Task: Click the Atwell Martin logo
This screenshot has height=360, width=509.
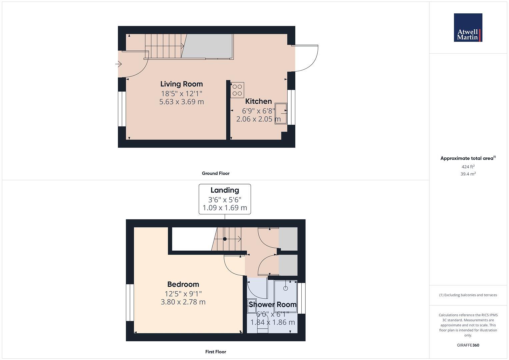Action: click(468, 28)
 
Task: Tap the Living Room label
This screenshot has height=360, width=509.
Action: click(181, 84)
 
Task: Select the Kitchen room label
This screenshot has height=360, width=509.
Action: click(258, 101)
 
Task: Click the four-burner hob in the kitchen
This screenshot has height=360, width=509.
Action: click(237, 90)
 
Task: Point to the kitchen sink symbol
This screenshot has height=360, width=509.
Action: click(281, 114)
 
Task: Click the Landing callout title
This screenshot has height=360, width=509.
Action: click(225, 190)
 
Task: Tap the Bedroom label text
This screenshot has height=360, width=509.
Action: click(183, 284)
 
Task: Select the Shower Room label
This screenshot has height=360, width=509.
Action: click(272, 304)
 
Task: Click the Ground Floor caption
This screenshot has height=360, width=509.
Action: click(215, 173)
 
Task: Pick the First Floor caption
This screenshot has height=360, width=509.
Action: click(215, 352)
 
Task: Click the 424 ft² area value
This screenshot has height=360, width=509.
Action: click(468, 167)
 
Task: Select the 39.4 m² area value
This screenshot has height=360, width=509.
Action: click(468, 174)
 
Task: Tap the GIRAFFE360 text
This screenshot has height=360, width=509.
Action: click(468, 345)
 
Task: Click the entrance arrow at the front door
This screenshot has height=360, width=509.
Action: click(119, 64)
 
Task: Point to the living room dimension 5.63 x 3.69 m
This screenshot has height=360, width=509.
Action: click(181, 102)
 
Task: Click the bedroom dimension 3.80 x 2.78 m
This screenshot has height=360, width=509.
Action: click(183, 302)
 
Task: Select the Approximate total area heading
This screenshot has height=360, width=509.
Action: click(468, 158)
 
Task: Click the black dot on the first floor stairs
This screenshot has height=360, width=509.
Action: click(225, 239)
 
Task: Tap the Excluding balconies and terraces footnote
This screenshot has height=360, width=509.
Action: click(468, 295)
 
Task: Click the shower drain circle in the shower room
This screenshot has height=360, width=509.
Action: click(285, 288)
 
